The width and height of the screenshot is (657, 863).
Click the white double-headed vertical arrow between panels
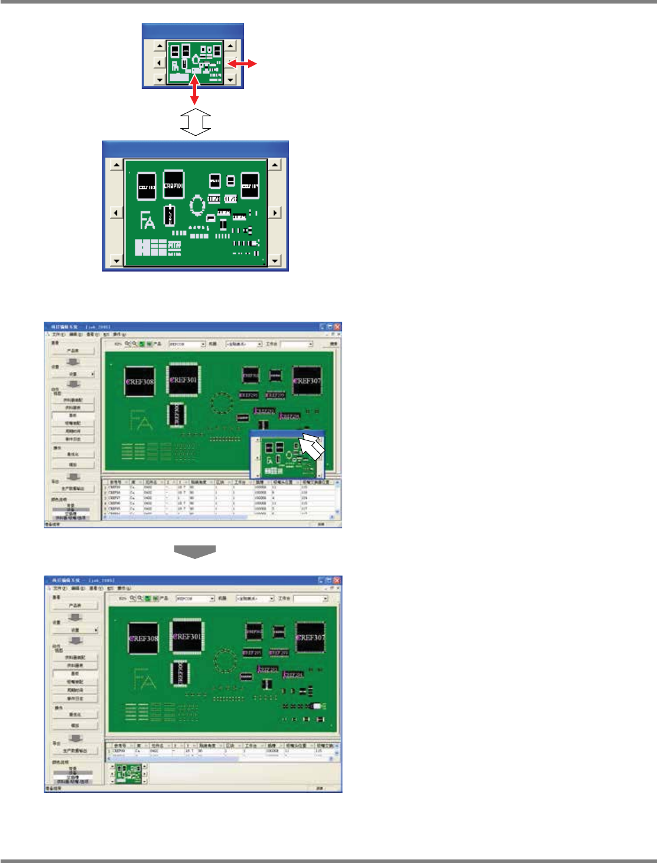tap(196, 122)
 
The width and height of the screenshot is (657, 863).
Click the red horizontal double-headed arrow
tap(242, 63)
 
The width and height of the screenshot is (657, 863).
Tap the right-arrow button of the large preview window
tap(275, 213)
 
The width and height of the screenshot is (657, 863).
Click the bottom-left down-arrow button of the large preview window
tap(116, 260)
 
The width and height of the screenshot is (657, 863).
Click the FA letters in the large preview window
tap(147, 221)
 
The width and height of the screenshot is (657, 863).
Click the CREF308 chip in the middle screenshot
tap(140, 382)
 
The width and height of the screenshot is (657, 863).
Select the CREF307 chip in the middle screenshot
tap(307, 381)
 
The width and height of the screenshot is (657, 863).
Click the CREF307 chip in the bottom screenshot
tap(310, 638)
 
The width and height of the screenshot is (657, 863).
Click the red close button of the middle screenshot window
tap(337, 326)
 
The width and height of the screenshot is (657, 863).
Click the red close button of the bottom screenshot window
tap(337, 581)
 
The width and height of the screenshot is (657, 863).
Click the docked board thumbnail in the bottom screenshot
tap(128, 773)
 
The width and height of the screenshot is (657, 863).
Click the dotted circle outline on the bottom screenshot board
tap(225, 659)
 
